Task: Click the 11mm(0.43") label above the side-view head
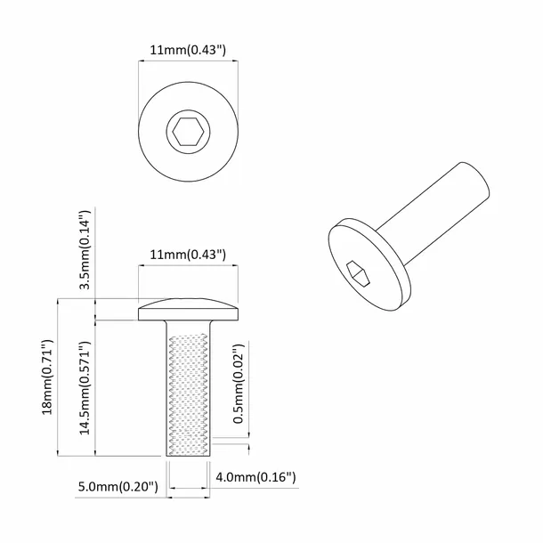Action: pyautogui.click(x=189, y=255)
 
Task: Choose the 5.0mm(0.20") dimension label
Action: pyautogui.click(x=118, y=487)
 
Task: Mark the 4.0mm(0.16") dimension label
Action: pyautogui.click(x=255, y=478)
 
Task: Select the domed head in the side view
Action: pyautogui.click(x=189, y=311)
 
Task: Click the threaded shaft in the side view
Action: pyautogui.click(x=189, y=387)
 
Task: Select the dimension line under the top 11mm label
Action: pyautogui.click(x=189, y=61)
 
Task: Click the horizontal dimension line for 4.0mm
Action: pyautogui.click(x=189, y=489)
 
